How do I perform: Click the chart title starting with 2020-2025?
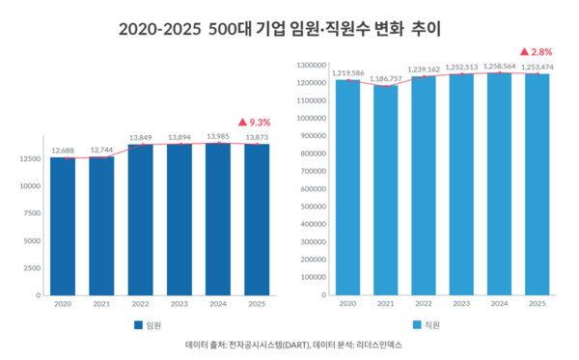(x=289, y=28)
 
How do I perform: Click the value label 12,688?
(x=63, y=150)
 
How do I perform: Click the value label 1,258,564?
(x=499, y=66)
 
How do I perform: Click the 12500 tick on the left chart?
(x=28, y=158)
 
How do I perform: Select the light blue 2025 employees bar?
(x=538, y=183)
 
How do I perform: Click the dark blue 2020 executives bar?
(x=63, y=226)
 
